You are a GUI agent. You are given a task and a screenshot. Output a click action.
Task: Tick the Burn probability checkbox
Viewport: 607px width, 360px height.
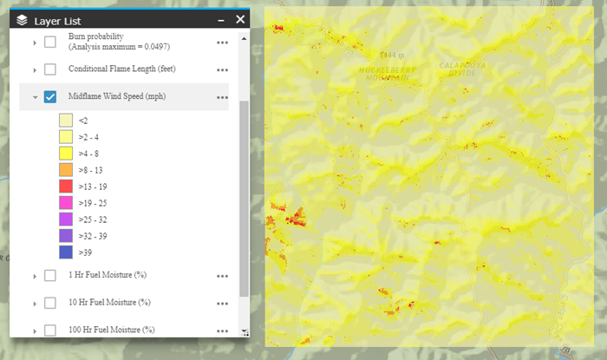tap(50, 42)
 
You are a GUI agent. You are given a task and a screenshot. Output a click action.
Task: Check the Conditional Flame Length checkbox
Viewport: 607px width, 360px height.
tap(50, 69)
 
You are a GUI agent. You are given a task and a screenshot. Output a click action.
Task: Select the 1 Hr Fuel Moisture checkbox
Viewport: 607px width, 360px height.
tap(50, 275)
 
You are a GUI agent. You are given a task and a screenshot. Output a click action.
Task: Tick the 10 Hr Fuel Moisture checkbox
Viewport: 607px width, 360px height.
tap(50, 303)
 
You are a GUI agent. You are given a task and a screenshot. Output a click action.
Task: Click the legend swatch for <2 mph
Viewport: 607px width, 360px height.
tap(66, 121)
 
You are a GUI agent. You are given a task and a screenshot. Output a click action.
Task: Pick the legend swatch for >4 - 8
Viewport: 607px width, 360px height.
tap(66, 154)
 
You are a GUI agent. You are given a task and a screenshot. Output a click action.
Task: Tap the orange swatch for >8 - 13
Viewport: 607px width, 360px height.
tap(66, 170)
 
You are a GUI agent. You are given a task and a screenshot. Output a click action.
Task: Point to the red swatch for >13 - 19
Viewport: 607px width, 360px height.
tap(66, 187)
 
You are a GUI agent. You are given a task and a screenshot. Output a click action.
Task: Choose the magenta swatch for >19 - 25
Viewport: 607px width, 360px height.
tap(66, 203)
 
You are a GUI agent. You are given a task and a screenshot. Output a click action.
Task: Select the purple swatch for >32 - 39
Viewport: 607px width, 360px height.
tap(66, 236)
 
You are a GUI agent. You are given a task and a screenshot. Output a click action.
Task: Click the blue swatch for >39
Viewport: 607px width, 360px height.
tap(66, 252)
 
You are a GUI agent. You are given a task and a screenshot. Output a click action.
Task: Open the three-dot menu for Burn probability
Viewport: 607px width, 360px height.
tap(223, 43)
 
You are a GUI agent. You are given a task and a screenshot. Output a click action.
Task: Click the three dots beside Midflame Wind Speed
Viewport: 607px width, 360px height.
tap(223, 97)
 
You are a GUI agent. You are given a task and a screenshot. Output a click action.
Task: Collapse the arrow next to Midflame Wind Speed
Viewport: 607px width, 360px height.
tap(35, 97)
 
